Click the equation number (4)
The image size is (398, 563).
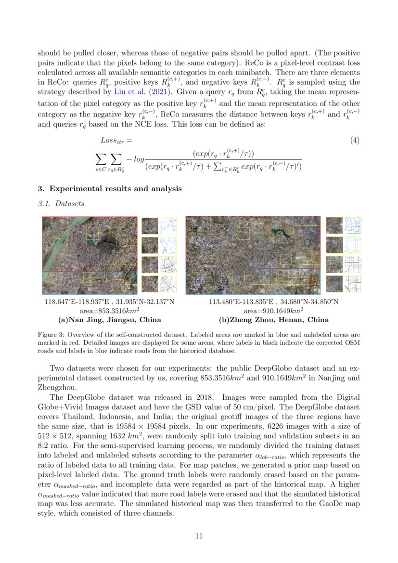(355, 140)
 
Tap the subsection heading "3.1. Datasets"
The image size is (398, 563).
(61, 204)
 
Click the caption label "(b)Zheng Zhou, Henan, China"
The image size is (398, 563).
(273, 320)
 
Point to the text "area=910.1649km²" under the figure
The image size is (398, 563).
(273, 311)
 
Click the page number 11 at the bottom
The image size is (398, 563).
(199, 536)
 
